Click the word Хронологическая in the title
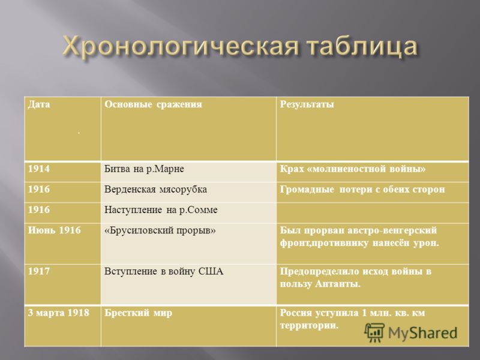181,47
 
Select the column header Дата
39,104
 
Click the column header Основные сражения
153,104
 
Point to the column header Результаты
307,104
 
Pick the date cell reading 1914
39,169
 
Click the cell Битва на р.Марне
144,169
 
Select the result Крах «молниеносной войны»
353,169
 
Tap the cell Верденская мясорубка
155,190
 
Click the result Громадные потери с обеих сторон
362,190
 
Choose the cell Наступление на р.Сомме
161,210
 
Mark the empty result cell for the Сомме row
372,213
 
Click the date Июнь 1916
55,230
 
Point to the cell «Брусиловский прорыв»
160,230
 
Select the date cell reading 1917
39,272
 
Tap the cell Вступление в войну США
164,272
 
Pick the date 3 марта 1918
58,313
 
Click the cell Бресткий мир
138,313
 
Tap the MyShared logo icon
374,332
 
